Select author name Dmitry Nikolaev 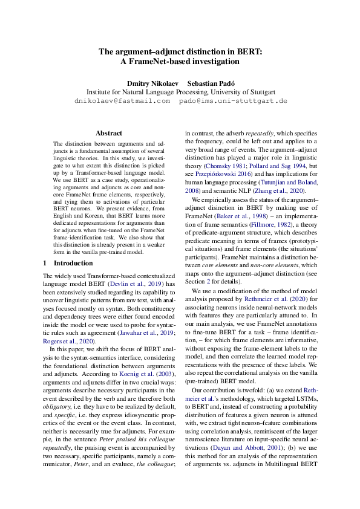tap(151, 82)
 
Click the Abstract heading tap(109, 133)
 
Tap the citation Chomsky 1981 tap(225, 166)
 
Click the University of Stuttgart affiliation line tap(181, 92)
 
